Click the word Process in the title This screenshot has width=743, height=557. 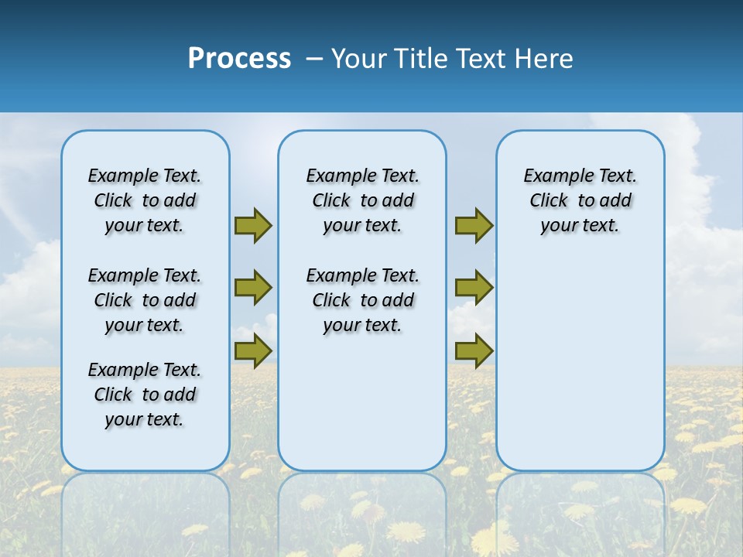point(239,58)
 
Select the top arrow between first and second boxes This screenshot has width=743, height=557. point(253,225)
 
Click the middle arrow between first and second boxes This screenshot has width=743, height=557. point(253,288)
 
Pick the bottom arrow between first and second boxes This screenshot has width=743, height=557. point(253,350)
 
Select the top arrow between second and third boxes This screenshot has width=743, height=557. point(474,225)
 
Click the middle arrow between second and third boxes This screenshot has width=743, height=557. point(474,288)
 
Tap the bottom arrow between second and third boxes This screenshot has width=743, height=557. point(474,350)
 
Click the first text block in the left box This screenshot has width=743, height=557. point(145,200)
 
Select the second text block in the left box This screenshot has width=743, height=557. point(145,300)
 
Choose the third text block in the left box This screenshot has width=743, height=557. point(145,395)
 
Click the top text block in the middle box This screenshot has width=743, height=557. point(362,200)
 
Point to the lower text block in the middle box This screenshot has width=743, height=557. point(362,300)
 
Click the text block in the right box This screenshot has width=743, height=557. point(580,200)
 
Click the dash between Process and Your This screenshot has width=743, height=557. point(314,59)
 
